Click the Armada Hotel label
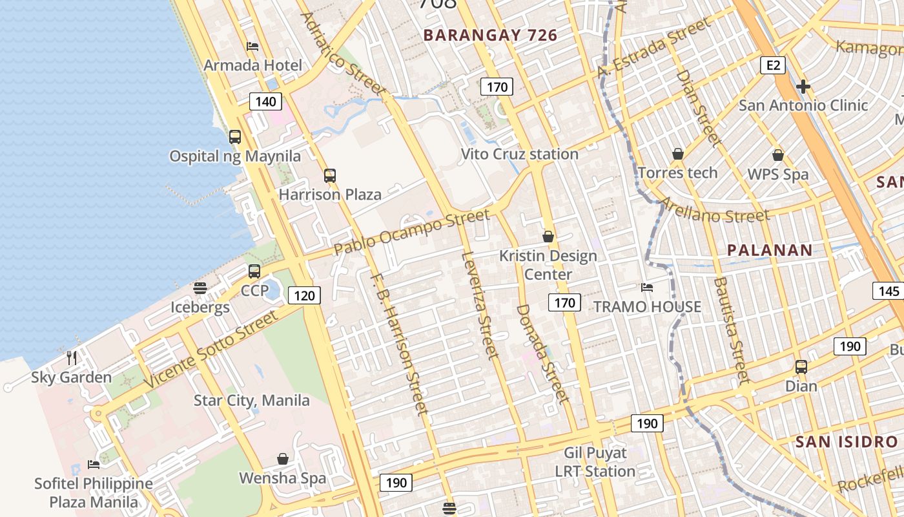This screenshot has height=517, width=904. [x=252, y=65]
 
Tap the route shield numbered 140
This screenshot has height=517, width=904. [x=265, y=101]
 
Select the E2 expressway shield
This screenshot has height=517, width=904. [x=772, y=65]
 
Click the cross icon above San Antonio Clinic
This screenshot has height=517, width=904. [x=803, y=87]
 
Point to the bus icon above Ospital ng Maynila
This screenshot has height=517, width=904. [x=235, y=137]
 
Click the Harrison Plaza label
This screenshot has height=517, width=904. [x=330, y=194]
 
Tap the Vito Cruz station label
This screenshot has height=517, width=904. [x=519, y=154]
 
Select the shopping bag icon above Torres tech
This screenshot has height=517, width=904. [x=678, y=154]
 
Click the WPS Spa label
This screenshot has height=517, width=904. [x=777, y=174]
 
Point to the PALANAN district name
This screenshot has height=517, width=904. [x=770, y=250]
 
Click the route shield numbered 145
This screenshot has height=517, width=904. [x=889, y=291]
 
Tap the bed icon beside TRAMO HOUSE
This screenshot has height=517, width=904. [x=647, y=288]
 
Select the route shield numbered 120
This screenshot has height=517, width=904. [x=304, y=296]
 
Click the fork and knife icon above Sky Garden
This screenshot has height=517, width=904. [x=72, y=358]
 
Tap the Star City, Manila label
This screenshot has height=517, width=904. [x=252, y=401]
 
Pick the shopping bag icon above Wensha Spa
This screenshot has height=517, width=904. [x=283, y=459]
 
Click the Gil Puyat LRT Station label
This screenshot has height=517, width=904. [x=595, y=462]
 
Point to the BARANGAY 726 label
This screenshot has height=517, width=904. [x=490, y=36]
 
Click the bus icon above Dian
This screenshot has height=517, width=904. [x=801, y=367]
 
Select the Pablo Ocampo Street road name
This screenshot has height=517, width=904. [x=413, y=231]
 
